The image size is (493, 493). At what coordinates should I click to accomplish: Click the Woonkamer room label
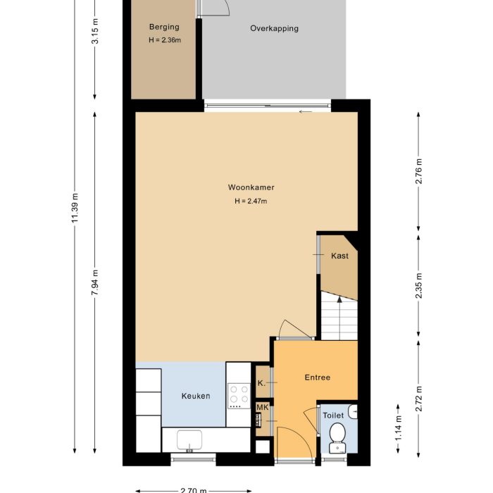coord(251,187)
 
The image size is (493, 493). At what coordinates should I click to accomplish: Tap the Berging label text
coord(163,27)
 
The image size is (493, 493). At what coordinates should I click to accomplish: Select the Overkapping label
coord(274,29)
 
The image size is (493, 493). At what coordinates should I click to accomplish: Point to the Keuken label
coord(196,396)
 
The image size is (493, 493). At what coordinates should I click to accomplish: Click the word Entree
coord(317,377)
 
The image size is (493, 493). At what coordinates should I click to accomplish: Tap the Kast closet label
coord(339,256)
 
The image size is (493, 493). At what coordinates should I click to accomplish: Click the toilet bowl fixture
coord(337,432)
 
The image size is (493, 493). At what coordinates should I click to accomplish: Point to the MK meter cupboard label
coord(262,407)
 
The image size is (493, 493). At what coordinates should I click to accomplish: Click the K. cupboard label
coord(261,384)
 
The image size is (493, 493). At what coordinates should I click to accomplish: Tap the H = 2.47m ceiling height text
coord(251,201)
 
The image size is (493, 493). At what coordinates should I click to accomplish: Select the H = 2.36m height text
coord(164,40)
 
